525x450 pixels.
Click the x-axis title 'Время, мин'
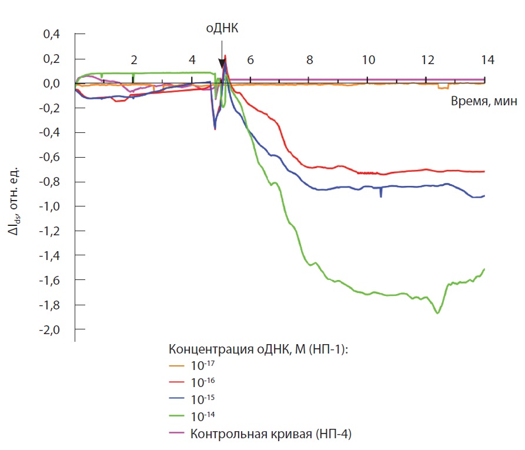tap(484, 101)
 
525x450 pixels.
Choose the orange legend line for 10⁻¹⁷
tap(176, 365)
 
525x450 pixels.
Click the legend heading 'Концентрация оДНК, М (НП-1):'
tap(259, 348)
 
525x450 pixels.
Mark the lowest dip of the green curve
tap(437, 313)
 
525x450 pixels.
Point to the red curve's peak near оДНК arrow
tap(226, 56)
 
